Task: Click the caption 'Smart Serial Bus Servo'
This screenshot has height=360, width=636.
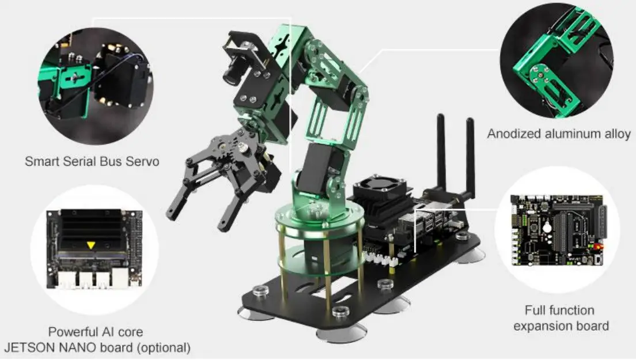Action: [92, 161]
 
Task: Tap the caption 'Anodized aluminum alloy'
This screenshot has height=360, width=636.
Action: [558, 134]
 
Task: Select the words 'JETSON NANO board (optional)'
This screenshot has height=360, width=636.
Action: [97, 347]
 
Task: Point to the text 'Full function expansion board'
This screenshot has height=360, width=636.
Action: [561, 319]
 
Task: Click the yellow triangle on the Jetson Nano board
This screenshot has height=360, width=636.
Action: [90, 245]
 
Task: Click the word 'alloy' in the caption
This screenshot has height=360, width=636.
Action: [615, 134]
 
